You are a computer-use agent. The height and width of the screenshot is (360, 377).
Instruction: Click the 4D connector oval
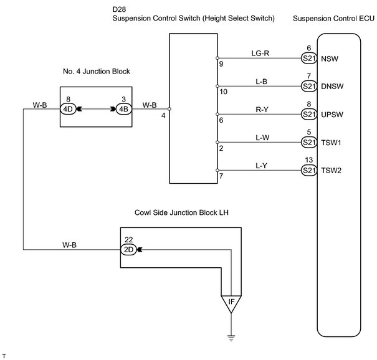[x=68, y=109]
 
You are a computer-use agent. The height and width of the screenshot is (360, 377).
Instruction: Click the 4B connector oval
[x=124, y=109]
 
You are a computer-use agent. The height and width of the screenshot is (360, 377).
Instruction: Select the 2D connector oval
[x=128, y=250]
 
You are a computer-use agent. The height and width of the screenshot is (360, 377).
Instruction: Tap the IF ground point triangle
[x=231, y=303]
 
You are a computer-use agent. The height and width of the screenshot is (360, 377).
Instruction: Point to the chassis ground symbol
[x=231, y=338]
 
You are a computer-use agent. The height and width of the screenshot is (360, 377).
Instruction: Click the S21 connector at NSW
[x=309, y=59]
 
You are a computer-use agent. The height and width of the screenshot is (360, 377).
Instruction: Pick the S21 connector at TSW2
[x=309, y=171]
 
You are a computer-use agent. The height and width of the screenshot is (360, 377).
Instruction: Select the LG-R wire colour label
[x=260, y=53]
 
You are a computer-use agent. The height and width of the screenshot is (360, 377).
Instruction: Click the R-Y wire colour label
[x=262, y=110]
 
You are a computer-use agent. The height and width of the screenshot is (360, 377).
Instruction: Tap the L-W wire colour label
[x=262, y=138]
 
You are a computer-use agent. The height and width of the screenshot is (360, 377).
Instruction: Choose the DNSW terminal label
[x=332, y=87]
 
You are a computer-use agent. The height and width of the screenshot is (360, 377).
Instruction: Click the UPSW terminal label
[x=332, y=115]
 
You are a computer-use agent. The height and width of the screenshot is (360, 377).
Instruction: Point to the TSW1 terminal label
[x=331, y=143]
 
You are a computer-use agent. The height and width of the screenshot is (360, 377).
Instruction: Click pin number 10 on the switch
[x=223, y=92]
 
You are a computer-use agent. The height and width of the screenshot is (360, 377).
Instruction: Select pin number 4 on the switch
[x=163, y=116]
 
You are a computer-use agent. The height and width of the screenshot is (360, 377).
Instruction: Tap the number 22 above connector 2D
[x=128, y=240]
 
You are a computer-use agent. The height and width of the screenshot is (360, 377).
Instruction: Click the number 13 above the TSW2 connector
[x=309, y=160]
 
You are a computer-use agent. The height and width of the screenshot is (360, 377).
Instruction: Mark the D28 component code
[x=119, y=9]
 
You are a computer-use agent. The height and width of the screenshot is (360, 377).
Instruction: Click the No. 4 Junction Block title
[x=97, y=72]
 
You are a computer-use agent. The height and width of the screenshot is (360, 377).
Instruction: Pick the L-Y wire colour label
[x=261, y=166]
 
